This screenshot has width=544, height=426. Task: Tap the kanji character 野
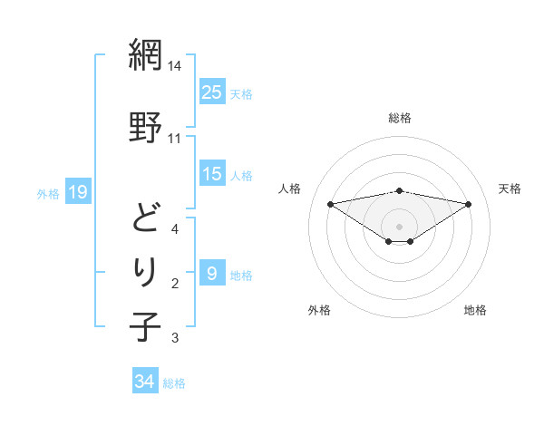[145, 126]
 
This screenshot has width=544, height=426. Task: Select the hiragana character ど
[145, 217]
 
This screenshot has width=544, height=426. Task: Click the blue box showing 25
[212, 92]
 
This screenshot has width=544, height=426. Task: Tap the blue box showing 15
[212, 174]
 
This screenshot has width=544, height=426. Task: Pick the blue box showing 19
[77, 192]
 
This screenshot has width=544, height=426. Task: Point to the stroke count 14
[175, 66]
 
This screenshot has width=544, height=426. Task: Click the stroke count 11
[175, 139]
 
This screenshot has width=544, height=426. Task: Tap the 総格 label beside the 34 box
[175, 383]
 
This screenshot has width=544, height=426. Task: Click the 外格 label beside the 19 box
[48, 193]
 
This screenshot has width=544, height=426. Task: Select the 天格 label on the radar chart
[510, 189]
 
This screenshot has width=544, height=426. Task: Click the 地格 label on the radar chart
[475, 310]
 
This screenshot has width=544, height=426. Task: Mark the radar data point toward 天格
[469, 204]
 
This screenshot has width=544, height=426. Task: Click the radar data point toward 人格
[330, 203]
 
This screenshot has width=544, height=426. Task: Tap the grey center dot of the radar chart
[399, 226]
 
